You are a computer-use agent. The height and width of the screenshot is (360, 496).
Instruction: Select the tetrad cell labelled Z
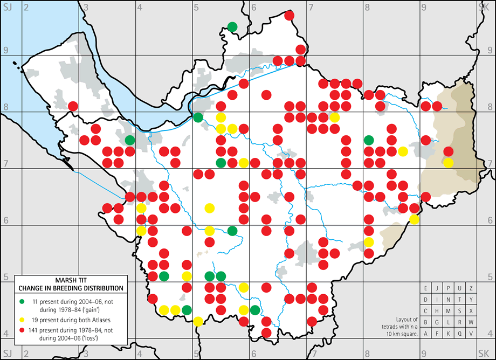tap(471, 289)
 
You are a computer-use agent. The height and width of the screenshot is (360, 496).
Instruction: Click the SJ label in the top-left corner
tap(7, 7)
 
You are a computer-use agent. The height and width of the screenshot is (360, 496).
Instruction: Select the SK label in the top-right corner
tap(483, 7)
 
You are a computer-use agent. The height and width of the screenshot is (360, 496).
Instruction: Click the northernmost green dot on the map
tap(232, 26)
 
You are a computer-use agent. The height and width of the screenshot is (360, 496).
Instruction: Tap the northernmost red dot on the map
tap(289, 16)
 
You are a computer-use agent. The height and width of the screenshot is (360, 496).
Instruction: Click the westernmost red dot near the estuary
tap(73, 106)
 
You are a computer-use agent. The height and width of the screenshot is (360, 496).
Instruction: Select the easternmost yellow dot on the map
tap(449, 163)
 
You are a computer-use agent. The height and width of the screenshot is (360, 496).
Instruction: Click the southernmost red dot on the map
tap(266, 333)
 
